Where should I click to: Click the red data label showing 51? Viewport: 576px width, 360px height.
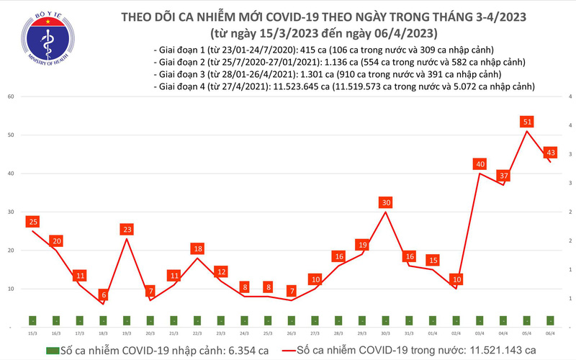(527, 122)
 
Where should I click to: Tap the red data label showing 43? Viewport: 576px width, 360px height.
(550, 152)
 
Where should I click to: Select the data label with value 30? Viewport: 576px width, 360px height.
(386, 202)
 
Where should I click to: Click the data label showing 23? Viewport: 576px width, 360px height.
(127, 230)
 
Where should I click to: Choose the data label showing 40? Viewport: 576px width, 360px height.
(480, 164)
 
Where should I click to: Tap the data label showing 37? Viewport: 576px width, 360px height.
(503, 176)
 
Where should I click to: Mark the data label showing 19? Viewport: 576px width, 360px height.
(362, 245)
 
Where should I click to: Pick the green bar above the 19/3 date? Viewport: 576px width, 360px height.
(127, 320)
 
